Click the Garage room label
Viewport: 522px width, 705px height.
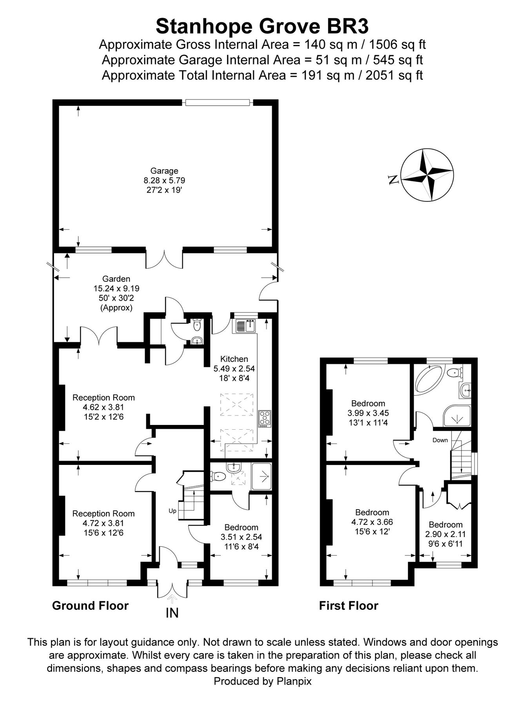(x=164, y=171)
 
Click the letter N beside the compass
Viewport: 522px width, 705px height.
(x=393, y=180)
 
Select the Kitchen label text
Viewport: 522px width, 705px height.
(x=234, y=359)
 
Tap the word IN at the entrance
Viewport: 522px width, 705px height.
(x=172, y=613)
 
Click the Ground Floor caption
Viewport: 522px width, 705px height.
(x=90, y=606)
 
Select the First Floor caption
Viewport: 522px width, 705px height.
(x=348, y=606)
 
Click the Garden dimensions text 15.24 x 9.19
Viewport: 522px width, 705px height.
(x=116, y=289)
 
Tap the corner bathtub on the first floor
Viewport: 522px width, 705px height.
(x=429, y=378)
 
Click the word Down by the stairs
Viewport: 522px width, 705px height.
(x=440, y=440)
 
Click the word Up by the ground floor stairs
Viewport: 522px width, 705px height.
(x=173, y=511)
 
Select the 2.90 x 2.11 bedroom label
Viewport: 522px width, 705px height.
(x=446, y=534)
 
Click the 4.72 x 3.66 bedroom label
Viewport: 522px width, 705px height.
(x=372, y=522)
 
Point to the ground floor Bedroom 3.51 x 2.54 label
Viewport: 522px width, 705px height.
(x=241, y=537)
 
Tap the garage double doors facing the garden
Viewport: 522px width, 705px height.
(x=164, y=258)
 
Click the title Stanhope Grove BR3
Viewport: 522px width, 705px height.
(x=262, y=27)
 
